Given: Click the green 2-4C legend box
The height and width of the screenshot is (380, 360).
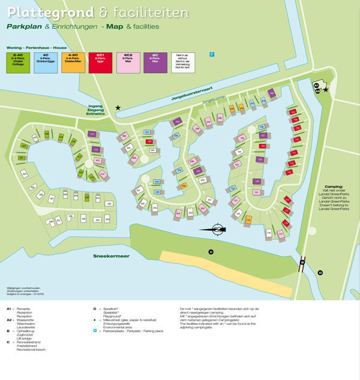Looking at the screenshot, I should (x=17, y=62).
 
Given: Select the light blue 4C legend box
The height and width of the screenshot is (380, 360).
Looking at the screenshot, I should (x=45, y=62).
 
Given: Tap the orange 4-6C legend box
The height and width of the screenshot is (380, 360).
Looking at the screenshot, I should (x=73, y=62).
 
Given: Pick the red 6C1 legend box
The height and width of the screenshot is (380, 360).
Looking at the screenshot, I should (x=100, y=62).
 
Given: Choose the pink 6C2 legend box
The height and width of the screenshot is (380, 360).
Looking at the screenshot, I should (x=128, y=62).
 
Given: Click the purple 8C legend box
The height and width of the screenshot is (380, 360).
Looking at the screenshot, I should (x=155, y=62).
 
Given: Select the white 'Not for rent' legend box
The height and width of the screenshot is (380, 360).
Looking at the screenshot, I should (x=183, y=62).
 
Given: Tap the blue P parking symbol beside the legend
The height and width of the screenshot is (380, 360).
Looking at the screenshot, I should (x=212, y=55).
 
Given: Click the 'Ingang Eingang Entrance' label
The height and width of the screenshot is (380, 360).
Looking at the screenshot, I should (x=95, y=110).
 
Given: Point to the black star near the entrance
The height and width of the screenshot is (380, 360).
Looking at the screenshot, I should (x=118, y=108).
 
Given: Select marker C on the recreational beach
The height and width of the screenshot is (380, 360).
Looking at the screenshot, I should (x=211, y=252).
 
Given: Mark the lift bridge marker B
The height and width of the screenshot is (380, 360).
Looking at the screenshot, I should (x=303, y=262).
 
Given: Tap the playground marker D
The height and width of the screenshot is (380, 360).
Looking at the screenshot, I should (x=320, y=273).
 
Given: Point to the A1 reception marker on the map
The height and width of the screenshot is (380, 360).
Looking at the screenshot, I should (x=316, y=86).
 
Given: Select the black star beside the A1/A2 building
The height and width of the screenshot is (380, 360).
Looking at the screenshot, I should (x=326, y=90).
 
